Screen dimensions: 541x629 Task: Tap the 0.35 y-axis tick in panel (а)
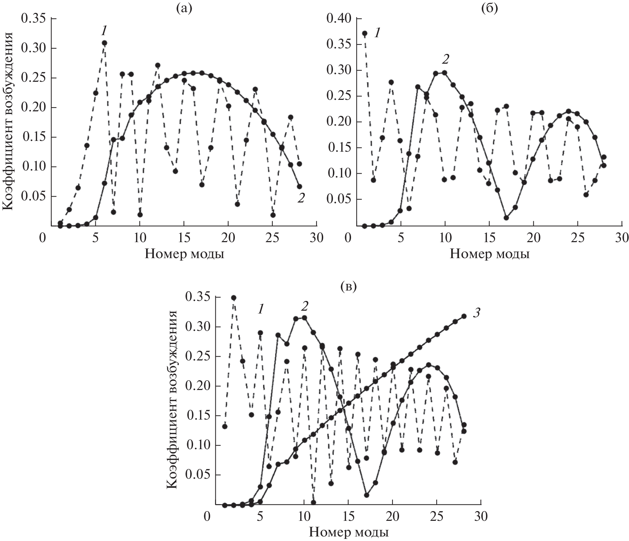click(x=33, y=18)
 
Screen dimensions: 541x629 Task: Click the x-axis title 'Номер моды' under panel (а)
click(x=184, y=254)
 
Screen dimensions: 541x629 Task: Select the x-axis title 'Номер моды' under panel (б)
click(x=489, y=254)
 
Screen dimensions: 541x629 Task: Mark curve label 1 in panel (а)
click(x=104, y=31)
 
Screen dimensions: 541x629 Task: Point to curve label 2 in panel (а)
click(x=301, y=198)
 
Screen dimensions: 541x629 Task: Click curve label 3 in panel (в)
click(x=476, y=313)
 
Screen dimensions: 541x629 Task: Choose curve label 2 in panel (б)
click(x=445, y=59)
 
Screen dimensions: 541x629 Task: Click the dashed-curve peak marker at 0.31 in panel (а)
click(x=104, y=43)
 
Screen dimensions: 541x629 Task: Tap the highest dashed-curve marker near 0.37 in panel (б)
click(x=365, y=33)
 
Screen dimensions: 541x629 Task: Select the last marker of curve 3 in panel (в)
click(x=464, y=316)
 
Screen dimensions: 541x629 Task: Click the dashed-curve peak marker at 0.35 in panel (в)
click(x=234, y=298)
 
